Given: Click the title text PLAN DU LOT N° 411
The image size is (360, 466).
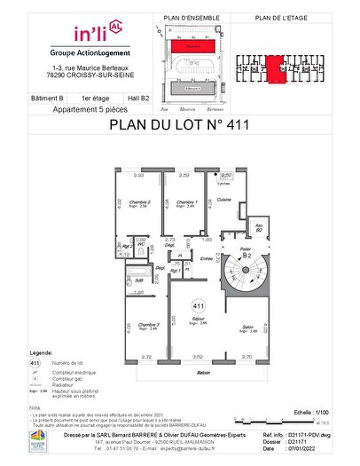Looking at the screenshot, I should tap(179, 124).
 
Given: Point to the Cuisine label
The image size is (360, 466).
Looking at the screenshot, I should tap(224, 200).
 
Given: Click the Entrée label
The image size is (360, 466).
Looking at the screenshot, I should tap(207, 259).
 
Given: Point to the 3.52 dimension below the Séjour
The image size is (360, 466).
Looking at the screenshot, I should tap(198, 357).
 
